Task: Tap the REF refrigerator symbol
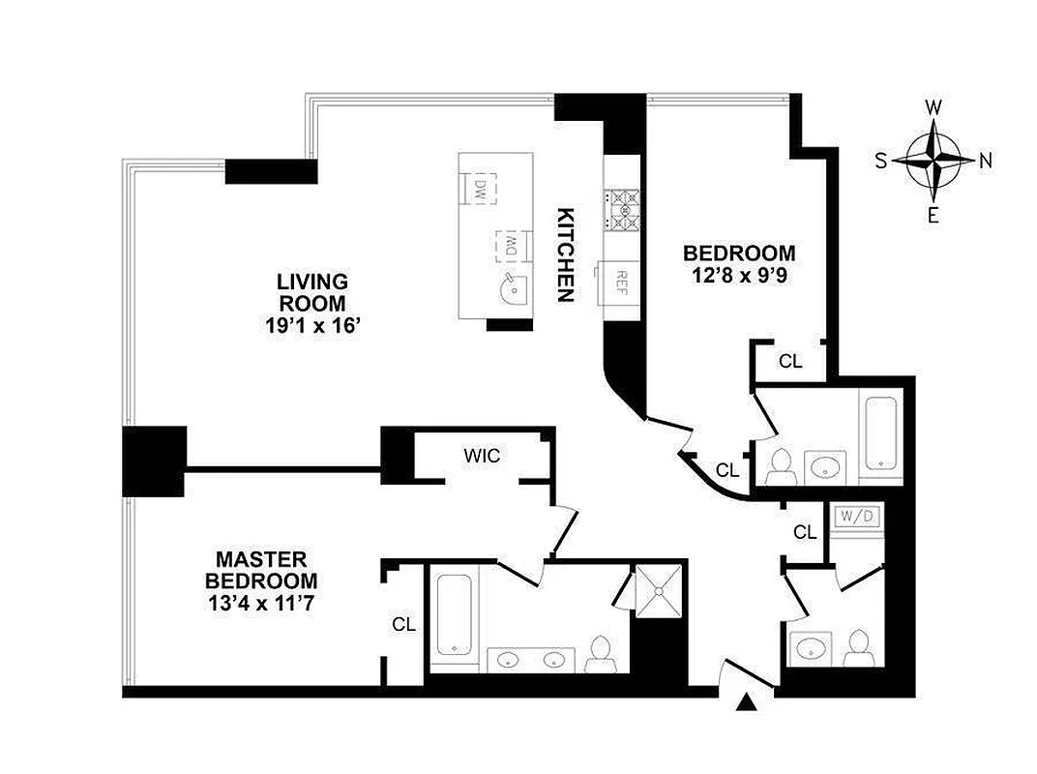click(x=621, y=283)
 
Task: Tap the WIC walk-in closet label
click(x=482, y=455)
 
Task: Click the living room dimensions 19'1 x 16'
click(x=312, y=326)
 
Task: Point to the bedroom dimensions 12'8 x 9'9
click(x=739, y=276)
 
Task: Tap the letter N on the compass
click(x=986, y=162)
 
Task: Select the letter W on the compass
click(x=934, y=107)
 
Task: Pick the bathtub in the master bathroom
click(x=452, y=616)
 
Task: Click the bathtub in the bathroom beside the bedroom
click(x=880, y=430)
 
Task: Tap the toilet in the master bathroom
click(x=600, y=652)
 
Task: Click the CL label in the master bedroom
click(x=403, y=624)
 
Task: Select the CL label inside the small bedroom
click(x=790, y=362)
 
